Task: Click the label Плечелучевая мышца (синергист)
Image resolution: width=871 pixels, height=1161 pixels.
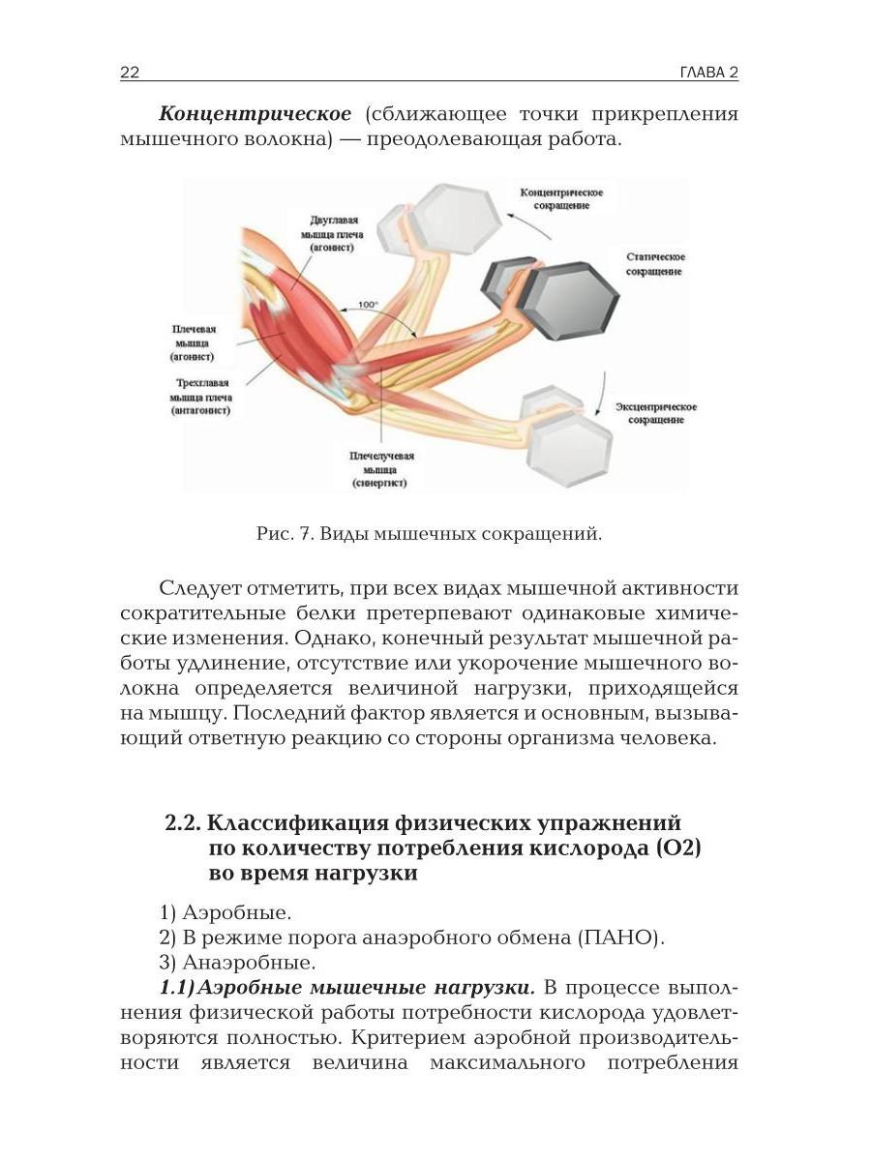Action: [x=381, y=468]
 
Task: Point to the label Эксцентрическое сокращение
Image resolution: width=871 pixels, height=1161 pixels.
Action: [x=656, y=413]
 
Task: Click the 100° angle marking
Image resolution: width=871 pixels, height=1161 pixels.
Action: [x=368, y=306]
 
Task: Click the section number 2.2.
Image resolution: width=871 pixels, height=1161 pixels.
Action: [x=183, y=823]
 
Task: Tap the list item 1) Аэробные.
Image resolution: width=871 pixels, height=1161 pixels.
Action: [x=225, y=912]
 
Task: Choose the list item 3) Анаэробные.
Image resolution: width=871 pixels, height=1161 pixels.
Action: [x=237, y=963]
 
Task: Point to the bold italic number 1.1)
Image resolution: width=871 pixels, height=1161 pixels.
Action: [x=179, y=988]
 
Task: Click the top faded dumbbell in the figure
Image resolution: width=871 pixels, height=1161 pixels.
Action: [x=447, y=218]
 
